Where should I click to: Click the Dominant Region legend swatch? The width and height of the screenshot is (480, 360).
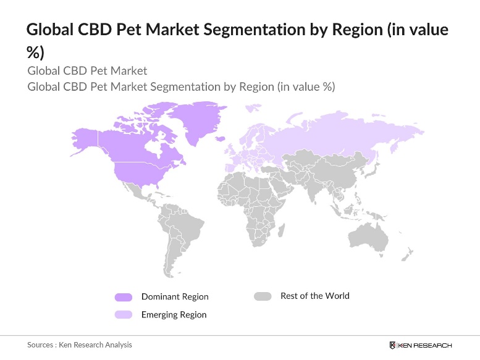[124, 297]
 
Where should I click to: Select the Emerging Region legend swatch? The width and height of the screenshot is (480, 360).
[124, 315]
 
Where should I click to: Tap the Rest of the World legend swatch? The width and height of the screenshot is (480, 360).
[263, 296]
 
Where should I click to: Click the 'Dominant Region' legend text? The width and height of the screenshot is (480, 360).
[175, 297]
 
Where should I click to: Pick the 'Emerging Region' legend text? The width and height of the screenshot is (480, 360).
[174, 315]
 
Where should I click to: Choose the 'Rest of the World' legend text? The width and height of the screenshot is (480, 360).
[314, 296]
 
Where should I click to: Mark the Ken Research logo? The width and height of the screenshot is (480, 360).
[420, 345]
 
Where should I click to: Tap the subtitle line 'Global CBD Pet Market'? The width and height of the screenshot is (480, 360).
[87, 70]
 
